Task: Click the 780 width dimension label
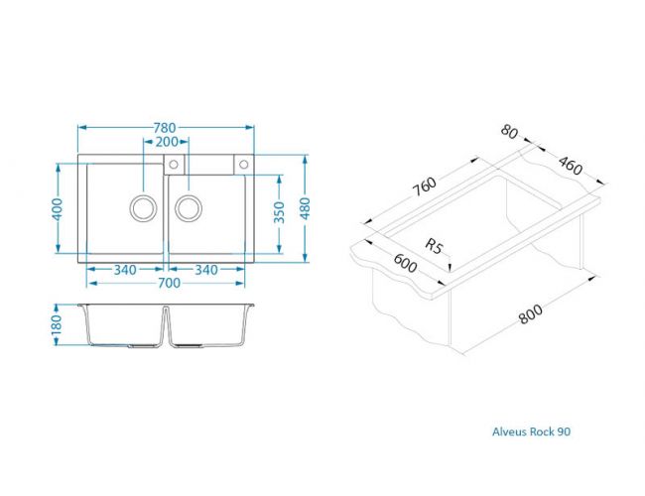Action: [165, 128]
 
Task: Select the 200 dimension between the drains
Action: [167, 142]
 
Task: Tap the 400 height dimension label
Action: [58, 209]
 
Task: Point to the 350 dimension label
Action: [279, 212]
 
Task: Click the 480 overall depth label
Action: [306, 208]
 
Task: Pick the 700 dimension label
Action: [169, 283]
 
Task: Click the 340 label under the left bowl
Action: [125, 270]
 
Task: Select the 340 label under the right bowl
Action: [206, 270]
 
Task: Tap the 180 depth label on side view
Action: [57, 324]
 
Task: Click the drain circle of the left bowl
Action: [143, 195]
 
